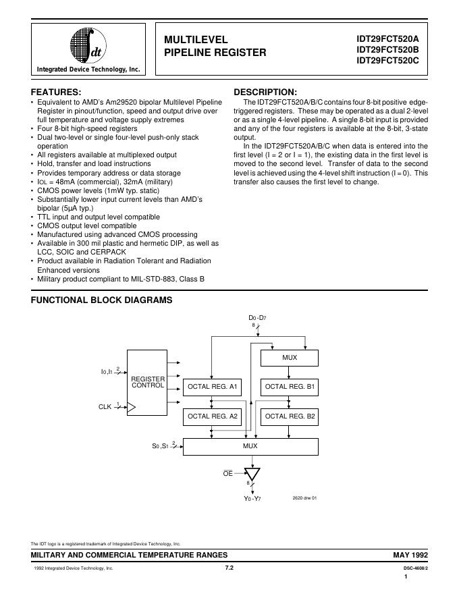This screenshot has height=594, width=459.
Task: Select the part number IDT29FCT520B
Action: click(388, 49)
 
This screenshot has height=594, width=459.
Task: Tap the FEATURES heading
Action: click(57, 92)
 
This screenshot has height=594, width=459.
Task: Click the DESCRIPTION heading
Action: click(265, 92)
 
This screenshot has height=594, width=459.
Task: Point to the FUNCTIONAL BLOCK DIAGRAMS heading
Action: click(101, 300)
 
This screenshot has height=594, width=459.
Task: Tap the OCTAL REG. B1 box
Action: click(290, 387)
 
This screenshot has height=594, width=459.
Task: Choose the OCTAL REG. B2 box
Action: click(290, 416)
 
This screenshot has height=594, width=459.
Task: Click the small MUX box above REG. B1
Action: click(290, 358)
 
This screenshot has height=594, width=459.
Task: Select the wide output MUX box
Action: click(250, 446)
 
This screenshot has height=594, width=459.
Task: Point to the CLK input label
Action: click(105, 406)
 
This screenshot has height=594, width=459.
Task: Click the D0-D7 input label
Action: click(257, 317)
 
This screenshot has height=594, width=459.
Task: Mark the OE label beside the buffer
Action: click(228, 474)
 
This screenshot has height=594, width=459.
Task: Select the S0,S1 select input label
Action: click(161, 446)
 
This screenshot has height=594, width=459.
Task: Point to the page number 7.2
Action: click(229, 568)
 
